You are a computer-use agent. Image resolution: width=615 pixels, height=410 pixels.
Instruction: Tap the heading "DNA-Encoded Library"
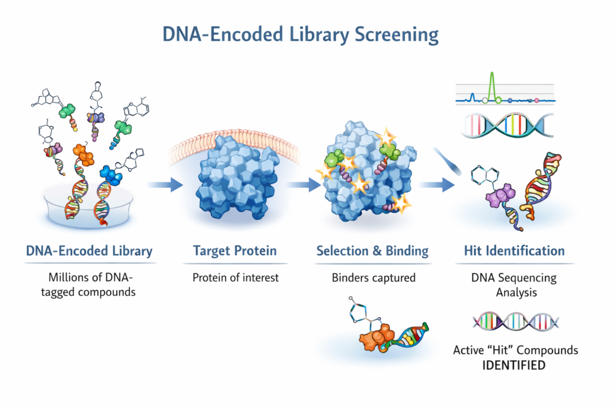(89, 250)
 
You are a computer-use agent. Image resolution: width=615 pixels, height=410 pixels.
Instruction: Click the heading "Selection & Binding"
(372, 250)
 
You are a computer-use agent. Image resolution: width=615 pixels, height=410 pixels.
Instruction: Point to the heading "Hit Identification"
(514, 250)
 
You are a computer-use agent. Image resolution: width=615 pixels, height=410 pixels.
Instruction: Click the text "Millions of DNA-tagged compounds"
(89, 285)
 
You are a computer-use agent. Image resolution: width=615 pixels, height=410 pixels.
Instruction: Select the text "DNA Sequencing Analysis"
(514, 285)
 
